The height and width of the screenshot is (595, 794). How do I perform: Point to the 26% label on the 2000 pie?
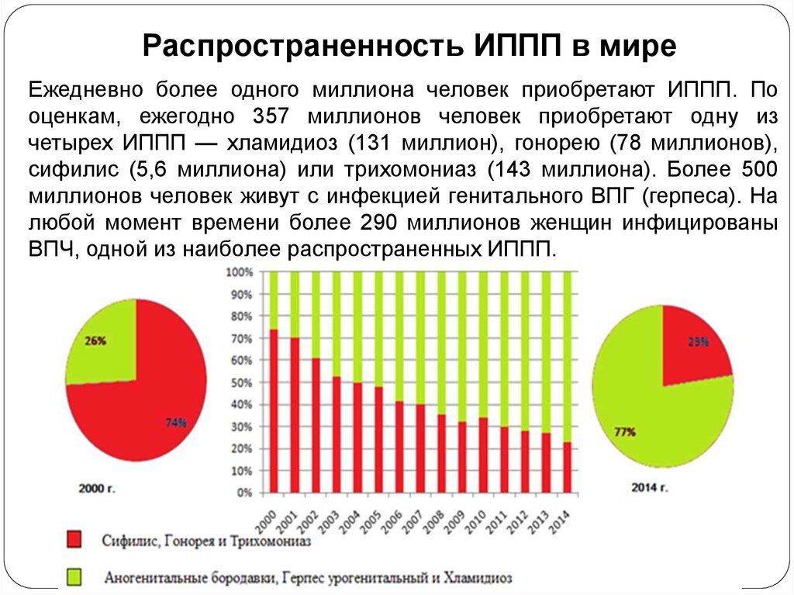(96, 340)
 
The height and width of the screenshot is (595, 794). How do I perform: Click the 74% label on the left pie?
(175, 423)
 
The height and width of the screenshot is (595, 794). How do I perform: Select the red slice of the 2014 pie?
(692, 349)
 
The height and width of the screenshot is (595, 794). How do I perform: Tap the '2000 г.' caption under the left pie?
(98, 489)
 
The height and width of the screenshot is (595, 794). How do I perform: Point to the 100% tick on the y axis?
(239, 273)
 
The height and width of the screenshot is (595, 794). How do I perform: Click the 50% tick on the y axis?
(241, 383)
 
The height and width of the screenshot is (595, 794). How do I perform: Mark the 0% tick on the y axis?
(244, 493)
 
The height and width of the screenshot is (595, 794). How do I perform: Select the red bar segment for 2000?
(274, 411)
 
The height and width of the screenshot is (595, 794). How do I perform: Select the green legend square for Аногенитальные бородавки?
(74, 577)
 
